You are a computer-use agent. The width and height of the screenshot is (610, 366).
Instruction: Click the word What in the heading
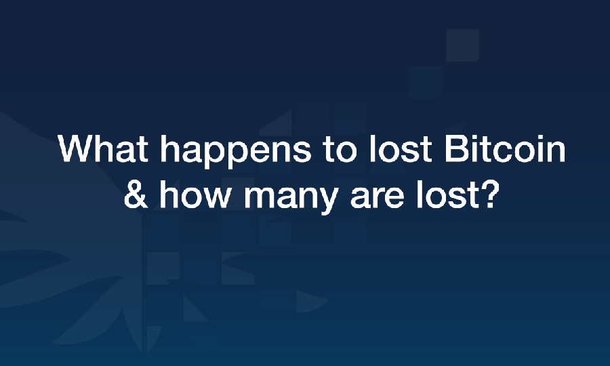(x=103, y=148)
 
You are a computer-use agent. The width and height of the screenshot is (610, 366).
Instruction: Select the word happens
(x=236, y=152)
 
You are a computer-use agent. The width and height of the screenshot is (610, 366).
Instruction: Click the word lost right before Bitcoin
(x=401, y=148)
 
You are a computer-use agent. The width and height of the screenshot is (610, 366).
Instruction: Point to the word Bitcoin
(x=505, y=148)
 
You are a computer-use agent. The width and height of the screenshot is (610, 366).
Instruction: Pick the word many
(x=291, y=198)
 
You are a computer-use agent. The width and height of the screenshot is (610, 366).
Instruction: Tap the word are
(x=377, y=199)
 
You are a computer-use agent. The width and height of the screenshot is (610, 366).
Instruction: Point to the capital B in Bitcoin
(x=456, y=148)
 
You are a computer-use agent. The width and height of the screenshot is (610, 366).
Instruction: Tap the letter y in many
(x=326, y=202)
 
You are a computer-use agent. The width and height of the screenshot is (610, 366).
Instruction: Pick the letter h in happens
(x=169, y=148)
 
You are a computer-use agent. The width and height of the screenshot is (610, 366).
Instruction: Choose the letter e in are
(x=393, y=199)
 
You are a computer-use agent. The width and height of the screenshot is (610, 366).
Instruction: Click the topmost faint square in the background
(x=462, y=45)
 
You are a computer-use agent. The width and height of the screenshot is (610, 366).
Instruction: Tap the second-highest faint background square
(x=426, y=83)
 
